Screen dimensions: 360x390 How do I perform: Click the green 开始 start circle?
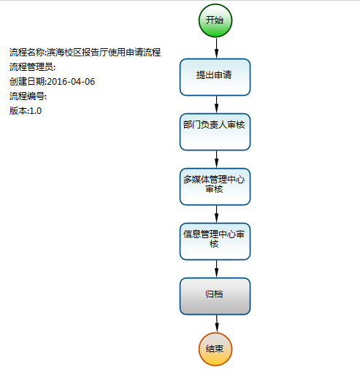(x=215, y=20)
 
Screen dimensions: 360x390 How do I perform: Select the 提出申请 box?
(x=215, y=77)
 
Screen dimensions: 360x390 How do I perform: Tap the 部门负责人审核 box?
(x=215, y=131)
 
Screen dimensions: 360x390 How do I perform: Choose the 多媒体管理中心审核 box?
(x=215, y=186)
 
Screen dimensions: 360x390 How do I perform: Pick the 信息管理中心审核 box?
(x=215, y=241)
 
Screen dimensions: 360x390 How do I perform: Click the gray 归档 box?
(x=215, y=297)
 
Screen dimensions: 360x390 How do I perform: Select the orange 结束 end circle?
(x=215, y=349)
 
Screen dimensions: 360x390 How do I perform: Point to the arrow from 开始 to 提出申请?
(x=217, y=48)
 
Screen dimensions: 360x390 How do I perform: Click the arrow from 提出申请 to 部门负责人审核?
(x=217, y=104)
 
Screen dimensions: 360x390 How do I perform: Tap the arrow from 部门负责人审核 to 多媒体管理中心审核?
(x=217, y=159)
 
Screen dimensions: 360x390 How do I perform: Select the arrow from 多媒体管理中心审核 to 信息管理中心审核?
(x=217, y=214)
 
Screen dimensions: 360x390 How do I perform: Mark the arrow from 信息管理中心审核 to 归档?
(x=217, y=269)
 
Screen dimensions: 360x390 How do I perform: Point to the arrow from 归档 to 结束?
(x=217, y=324)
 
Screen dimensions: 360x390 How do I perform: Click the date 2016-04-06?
(x=71, y=82)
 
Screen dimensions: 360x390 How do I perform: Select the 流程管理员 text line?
(x=32, y=67)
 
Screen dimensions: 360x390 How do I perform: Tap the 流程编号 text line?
(x=28, y=96)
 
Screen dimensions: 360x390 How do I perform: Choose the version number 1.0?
(x=36, y=111)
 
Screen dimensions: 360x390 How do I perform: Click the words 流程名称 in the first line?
(x=27, y=53)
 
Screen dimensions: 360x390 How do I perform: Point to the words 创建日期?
(x=27, y=82)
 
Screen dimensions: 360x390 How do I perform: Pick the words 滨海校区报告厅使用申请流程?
(x=104, y=53)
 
